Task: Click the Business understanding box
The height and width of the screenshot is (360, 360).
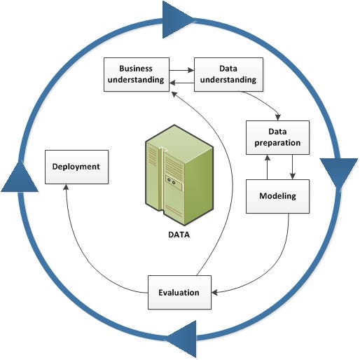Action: [x=136, y=74]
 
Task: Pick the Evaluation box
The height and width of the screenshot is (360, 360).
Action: [x=179, y=292]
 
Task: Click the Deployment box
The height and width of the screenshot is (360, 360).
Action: [x=76, y=167]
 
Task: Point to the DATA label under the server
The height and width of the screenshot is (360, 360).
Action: [x=179, y=236]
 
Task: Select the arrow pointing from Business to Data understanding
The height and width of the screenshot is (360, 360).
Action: [x=181, y=69]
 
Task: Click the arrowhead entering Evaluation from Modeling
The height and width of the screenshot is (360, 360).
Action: [x=215, y=292]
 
